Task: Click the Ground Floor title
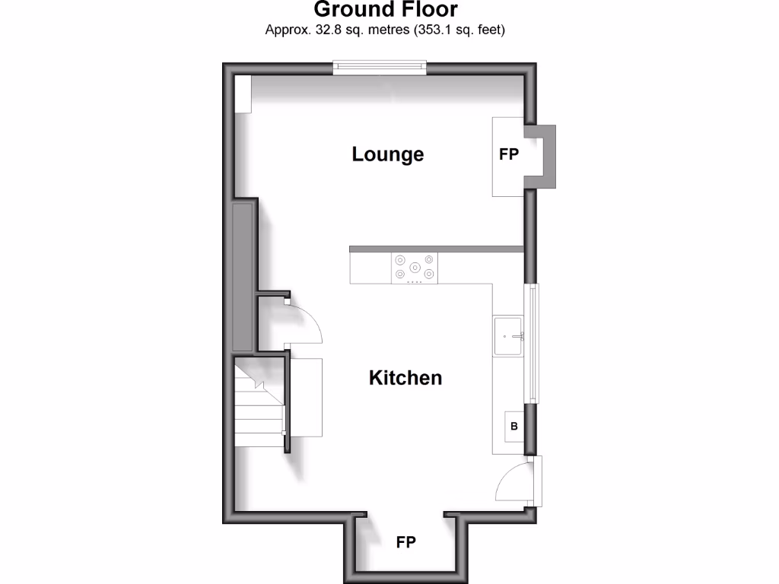pos(386,10)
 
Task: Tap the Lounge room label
pos(387,154)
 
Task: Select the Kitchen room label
pos(405,377)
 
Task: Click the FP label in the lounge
pos(508,154)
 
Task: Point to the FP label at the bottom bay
pos(405,542)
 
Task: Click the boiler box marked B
pos(514,426)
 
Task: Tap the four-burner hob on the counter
pos(415,268)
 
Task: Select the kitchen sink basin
pos(507,336)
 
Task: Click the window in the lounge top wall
pos(380,68)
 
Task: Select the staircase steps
pos(259,407)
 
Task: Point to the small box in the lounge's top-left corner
pos(243,94)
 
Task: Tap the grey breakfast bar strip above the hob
pos(437,249)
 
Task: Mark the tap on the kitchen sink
pos(520,335)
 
